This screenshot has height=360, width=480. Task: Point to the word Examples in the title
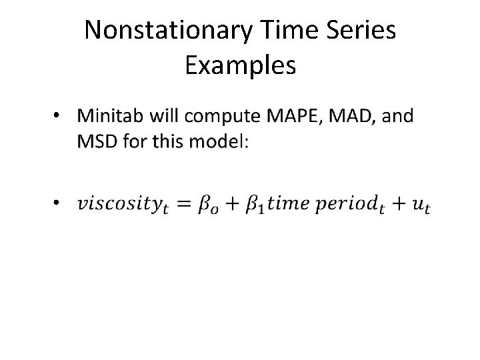coord(240,65)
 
